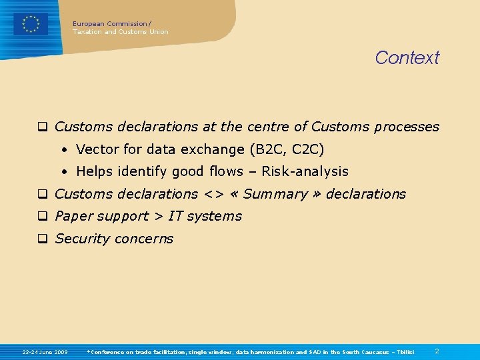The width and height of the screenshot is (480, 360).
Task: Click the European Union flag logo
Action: click(x=31, y=25)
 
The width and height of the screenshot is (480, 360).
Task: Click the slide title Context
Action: click(x=407, y=58)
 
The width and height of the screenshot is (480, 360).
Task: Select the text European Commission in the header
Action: click(x=110, y=23)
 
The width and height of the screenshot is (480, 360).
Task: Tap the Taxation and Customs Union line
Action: click(x=121, y=32)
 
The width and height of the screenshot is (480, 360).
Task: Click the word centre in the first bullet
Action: click(x=269, y=127)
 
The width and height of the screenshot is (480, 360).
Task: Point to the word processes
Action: click(x=407, y=127)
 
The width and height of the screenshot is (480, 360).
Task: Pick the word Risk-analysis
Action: click(x=305, y=171)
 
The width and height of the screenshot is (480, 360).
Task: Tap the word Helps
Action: click(x=95, y=171)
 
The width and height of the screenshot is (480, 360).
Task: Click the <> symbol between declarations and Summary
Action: click(x=212, y=195)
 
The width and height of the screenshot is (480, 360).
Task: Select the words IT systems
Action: click(x=205, y=216)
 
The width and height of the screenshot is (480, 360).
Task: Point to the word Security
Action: click(x=81, y=239)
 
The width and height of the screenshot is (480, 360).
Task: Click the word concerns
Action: click(x=144, y=239)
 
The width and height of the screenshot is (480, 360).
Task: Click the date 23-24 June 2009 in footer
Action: click(x=45, y=351)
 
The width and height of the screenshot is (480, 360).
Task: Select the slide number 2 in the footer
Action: click(x=437, y=351)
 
